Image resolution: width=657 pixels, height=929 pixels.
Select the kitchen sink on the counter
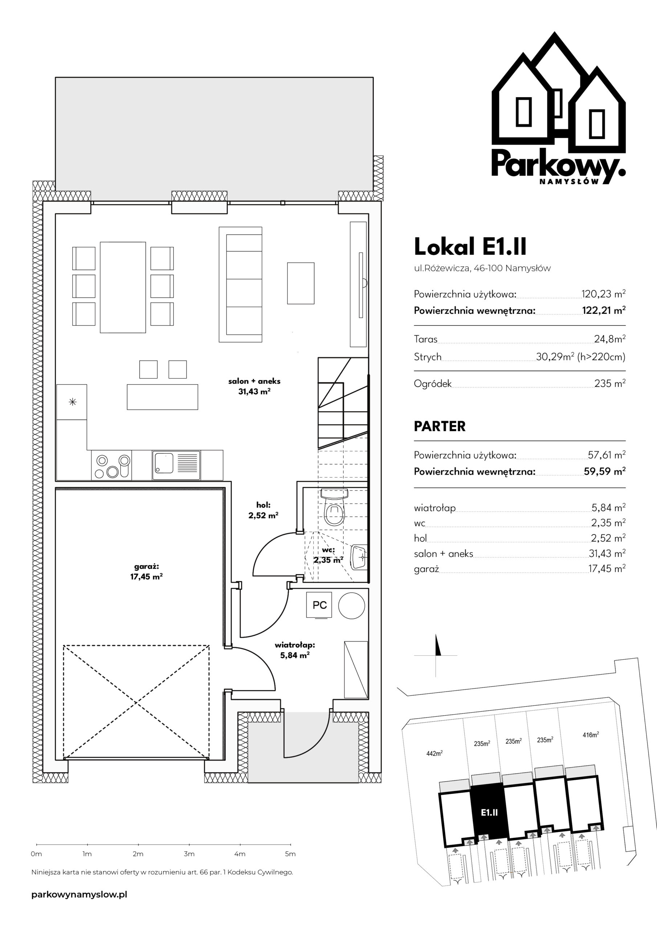click(176, 465)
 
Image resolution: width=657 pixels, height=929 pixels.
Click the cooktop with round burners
click(111, 465)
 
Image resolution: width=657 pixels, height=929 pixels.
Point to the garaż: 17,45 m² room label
click(146, 571)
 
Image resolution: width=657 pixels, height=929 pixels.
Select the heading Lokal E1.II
click(470, 246)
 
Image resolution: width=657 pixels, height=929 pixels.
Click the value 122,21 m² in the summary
click(604, 310)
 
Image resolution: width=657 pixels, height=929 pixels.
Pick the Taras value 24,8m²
click(609, 339)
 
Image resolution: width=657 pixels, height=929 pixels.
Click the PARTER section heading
click(440, 426)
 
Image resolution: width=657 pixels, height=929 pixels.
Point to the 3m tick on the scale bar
click(189, 844)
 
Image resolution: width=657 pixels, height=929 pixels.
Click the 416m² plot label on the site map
click(591, 734)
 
